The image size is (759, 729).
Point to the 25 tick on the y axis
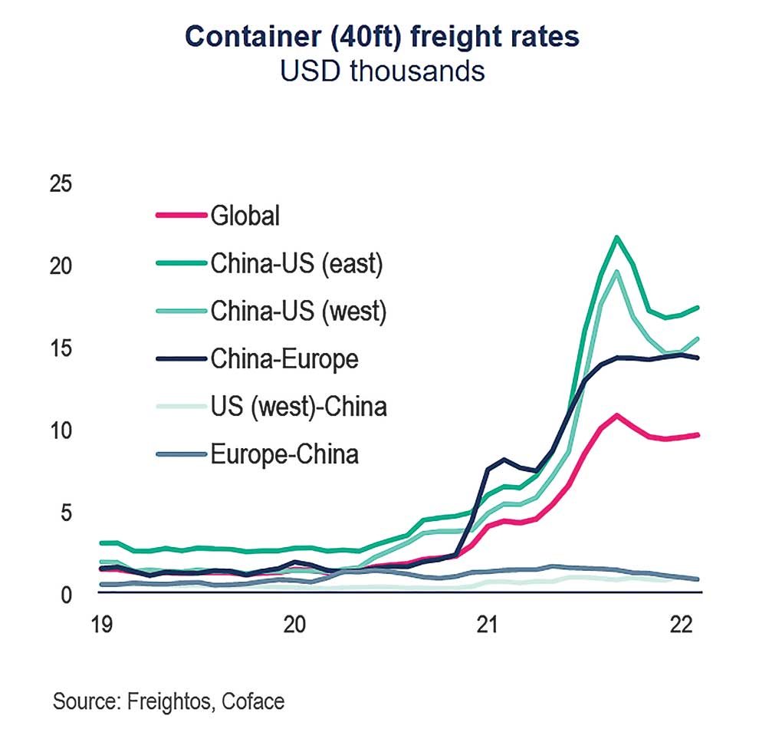60,184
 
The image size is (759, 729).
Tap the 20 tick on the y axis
60,266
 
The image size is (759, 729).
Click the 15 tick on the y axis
60,348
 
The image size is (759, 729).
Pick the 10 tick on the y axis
60,430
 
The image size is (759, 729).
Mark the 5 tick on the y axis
64,512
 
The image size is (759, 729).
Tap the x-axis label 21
488,625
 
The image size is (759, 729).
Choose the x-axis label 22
681,625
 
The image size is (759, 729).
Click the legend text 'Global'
245,216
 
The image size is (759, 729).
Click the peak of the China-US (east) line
617,237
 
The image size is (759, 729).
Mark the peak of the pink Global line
616,415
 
